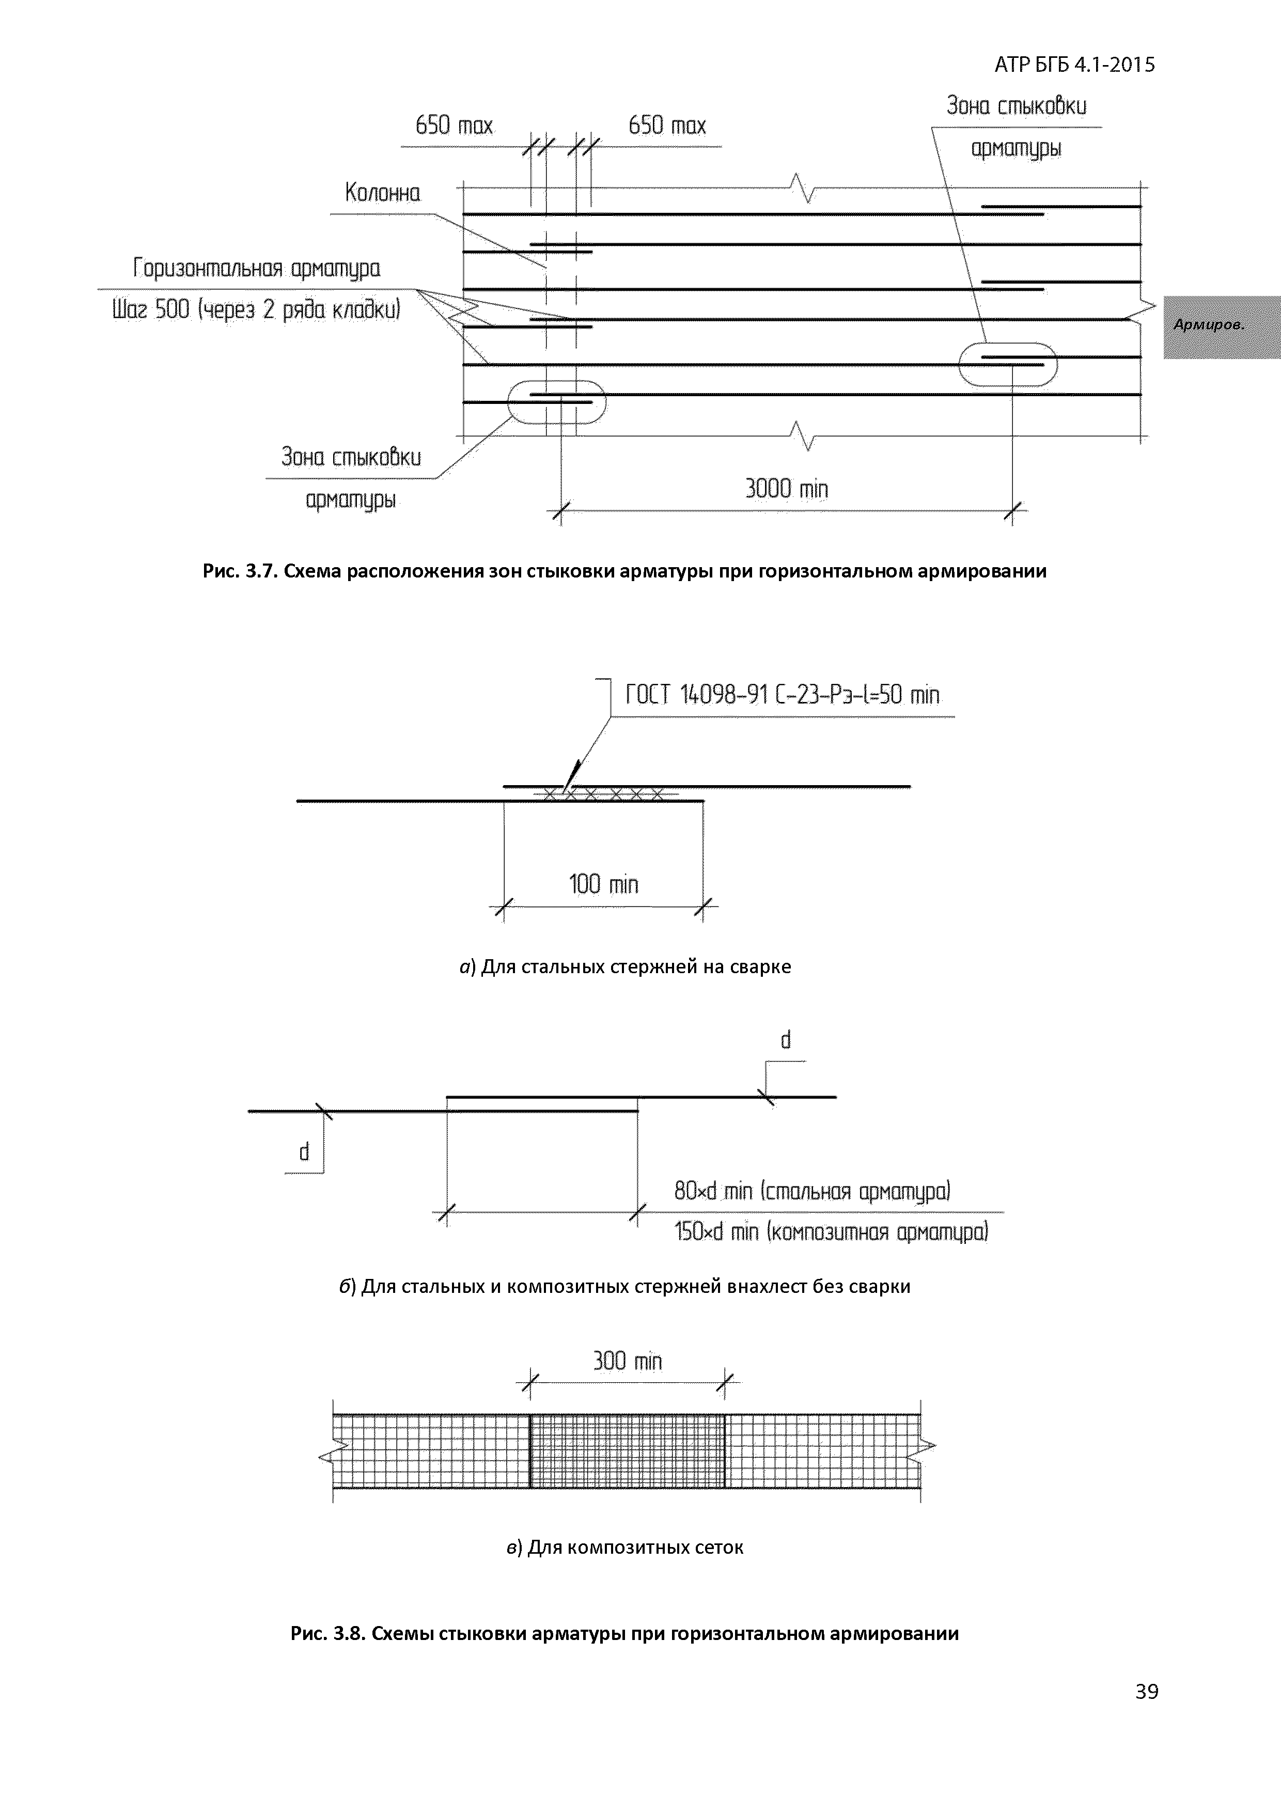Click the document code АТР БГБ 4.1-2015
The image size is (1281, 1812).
tap(1074, 65)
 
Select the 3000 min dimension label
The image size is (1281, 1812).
tap(786, 489)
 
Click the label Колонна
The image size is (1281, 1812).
tap(383, 193)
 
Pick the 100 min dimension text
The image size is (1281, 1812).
tap(604, 884)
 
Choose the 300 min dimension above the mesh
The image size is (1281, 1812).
tap(628, 1361)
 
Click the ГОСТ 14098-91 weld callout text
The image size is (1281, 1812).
tap(782, 695)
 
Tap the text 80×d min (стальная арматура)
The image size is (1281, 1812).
tap(812, 1190)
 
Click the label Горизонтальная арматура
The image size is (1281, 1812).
tap(257, 269)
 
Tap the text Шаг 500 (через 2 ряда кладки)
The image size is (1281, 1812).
tap(257, 309)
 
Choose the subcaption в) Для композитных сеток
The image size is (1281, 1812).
tap(625, 1547)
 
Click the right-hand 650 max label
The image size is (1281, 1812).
tap(667, 126)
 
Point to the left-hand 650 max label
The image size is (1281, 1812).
tap(454, 126)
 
